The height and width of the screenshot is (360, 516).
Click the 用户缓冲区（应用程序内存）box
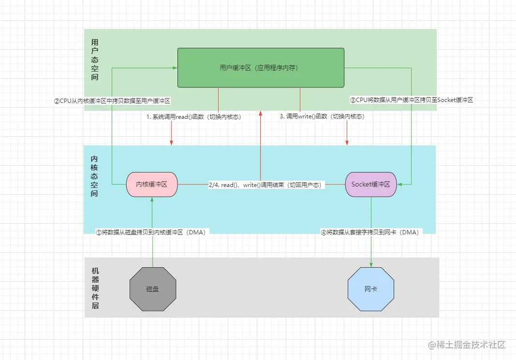(261, 68)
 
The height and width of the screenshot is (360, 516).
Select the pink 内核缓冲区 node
(152, 184)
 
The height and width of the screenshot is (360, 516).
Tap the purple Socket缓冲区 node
(371, 184)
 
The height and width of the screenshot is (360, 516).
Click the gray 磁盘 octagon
(153, 289)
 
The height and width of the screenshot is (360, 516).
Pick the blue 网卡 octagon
(371, 289)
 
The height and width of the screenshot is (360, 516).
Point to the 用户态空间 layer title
(95, 59)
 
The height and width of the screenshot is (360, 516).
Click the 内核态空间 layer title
(95, 176)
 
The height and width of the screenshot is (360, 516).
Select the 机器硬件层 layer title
(95, 288)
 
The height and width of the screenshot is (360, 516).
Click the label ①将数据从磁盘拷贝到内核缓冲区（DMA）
(152, 232)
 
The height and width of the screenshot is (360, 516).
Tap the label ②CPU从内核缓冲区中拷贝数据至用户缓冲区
(112, 101)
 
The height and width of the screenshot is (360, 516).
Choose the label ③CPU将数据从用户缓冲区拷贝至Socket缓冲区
(411, 100)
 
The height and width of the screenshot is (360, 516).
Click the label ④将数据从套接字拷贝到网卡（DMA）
(371, 232)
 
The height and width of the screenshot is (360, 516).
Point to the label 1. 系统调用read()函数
(193, 117)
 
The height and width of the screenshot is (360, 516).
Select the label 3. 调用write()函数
(322, 116)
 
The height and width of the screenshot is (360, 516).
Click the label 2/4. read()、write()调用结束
(265, 185)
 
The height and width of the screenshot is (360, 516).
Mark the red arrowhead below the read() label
(172, 142)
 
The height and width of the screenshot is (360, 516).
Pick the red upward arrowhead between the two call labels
(261, 113)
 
